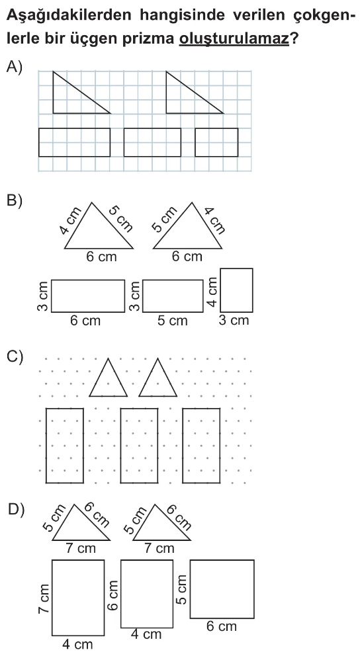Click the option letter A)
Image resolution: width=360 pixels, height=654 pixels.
[14, 67]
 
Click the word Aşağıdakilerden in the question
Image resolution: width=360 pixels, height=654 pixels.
[69, 17]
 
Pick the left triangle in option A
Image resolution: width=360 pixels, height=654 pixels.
[81, 92]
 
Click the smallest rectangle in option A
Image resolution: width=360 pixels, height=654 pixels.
[216, 142]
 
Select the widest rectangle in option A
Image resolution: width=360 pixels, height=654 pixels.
[74, 142]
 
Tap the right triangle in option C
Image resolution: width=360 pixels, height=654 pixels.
[158, 377]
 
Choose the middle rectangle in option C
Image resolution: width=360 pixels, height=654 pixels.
[139, 446]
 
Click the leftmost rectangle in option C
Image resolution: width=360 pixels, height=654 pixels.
[64, 446]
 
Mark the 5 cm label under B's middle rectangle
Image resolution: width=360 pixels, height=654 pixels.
[173, 321]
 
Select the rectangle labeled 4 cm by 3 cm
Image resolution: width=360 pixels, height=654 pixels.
[236, 290]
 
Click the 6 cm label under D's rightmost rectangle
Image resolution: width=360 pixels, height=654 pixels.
[222, 626]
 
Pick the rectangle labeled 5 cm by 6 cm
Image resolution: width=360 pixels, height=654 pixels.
[222, 589]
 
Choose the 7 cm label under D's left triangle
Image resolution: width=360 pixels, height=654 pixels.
[81, 548]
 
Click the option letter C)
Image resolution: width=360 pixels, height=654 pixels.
[15, 357]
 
